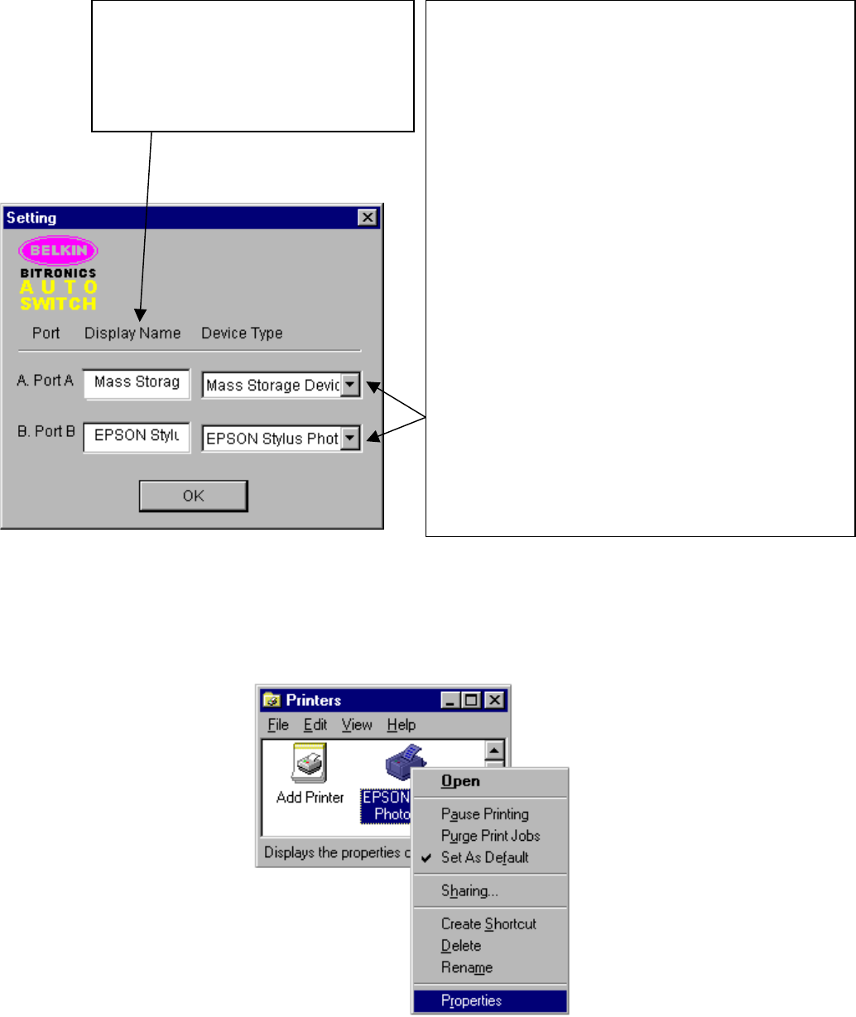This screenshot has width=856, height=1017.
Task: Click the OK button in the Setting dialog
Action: [193, 496]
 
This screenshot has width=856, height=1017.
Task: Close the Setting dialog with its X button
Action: [368, 218]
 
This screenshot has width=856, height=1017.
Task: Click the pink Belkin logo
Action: [59, 250]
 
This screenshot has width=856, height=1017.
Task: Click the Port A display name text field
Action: [137, 382]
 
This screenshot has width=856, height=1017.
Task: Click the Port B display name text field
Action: [137, 436]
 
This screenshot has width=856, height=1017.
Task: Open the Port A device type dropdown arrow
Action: [351, 385]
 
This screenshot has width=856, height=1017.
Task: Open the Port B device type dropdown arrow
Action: [351, 438]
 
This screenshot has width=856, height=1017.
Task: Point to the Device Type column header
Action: [242, 333]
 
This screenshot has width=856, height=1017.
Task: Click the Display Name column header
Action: [132, 333]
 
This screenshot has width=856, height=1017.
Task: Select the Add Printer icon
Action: [310, 765]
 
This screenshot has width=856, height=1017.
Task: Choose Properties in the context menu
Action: [472, 1001]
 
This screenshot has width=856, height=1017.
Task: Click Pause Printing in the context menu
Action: [485, 814]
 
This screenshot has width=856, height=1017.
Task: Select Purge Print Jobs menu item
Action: [490, 836]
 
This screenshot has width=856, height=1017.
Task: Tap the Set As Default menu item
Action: [485, 858]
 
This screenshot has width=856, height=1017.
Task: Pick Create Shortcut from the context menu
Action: [488, 924]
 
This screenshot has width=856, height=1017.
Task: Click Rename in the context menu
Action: [467, 968]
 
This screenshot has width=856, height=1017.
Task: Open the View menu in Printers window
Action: [357, 725]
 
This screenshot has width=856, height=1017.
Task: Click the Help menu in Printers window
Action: [401, 725]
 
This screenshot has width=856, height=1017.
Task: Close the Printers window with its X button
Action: [494, 700]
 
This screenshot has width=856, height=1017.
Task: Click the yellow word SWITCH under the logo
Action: [59, 304]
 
